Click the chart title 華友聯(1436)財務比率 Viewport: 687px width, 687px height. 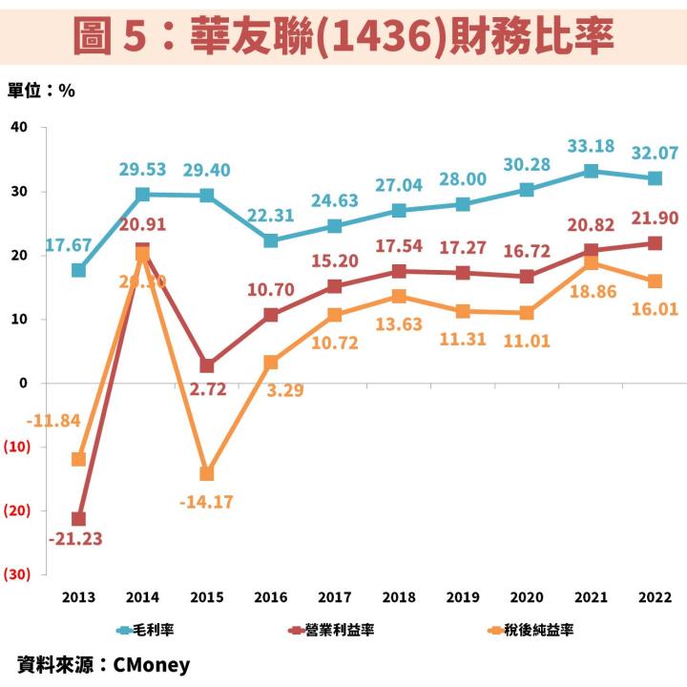point(343,35)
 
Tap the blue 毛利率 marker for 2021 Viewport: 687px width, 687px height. point(592,172)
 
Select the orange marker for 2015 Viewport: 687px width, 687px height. point(207,473)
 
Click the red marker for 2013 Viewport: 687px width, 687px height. point(78,519)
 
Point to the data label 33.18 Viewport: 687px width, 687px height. point(592,146)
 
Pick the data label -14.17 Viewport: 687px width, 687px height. point(207,501)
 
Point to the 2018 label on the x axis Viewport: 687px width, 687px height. point(399,598)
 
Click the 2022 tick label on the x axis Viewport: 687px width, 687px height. point(656,598)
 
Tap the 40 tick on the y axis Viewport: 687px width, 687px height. point(19,127)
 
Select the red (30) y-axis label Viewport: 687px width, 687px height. point(17,574)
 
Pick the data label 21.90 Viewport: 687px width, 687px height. point(656,219)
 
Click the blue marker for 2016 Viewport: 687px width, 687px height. point(271,240)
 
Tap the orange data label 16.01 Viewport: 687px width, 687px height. point(656,308)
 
